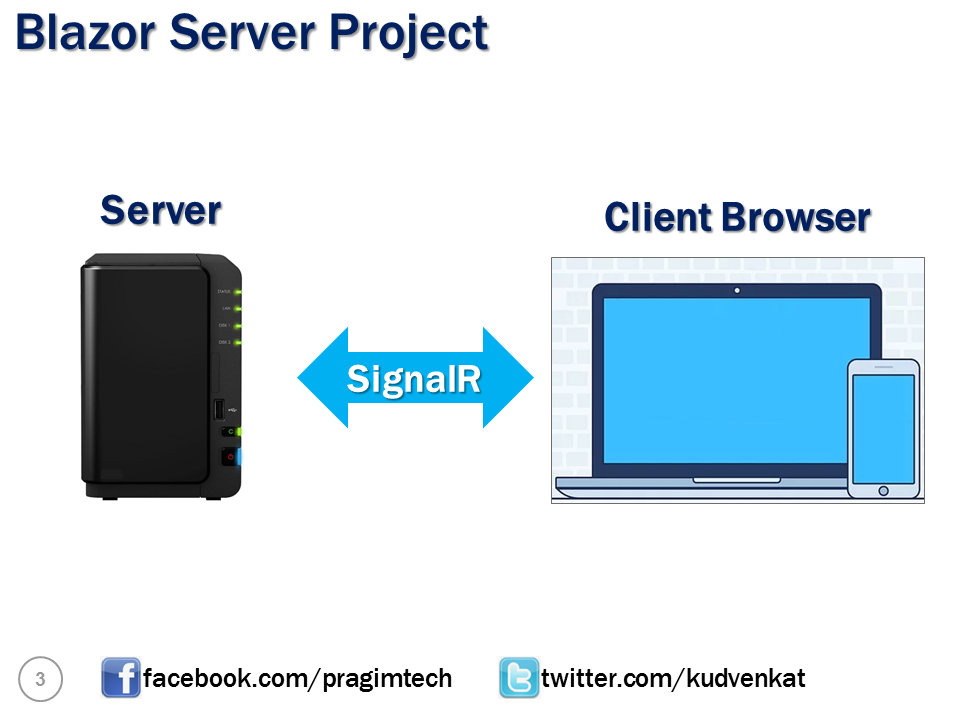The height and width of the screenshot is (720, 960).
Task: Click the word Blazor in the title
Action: click(x=85, y=32)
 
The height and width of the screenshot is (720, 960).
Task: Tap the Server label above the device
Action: click(x=160, y=210)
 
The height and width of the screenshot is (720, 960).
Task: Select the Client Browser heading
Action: click(x=737, y=217)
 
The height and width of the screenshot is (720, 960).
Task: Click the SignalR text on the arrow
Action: click(x=414, y=378)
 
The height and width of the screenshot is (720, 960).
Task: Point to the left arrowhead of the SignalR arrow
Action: click(x=320, y=378)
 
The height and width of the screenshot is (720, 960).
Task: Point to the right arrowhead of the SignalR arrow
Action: click(x=510, y=378)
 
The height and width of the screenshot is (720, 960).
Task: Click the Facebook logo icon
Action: click(x=121, y=678)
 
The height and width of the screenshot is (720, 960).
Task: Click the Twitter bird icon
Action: click(x=519, y=678)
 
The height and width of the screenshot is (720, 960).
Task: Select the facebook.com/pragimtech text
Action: click(x=297, y=679)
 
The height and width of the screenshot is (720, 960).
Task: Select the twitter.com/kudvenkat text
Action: click(x=673, y=679)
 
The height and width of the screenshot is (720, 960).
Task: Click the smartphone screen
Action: click(x=883, y=425)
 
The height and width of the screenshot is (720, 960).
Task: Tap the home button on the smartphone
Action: click(x=883, y=489)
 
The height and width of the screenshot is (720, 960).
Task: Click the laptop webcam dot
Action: click(x=737, y=290)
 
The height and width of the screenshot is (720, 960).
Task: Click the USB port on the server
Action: click(x=218, y=409)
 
